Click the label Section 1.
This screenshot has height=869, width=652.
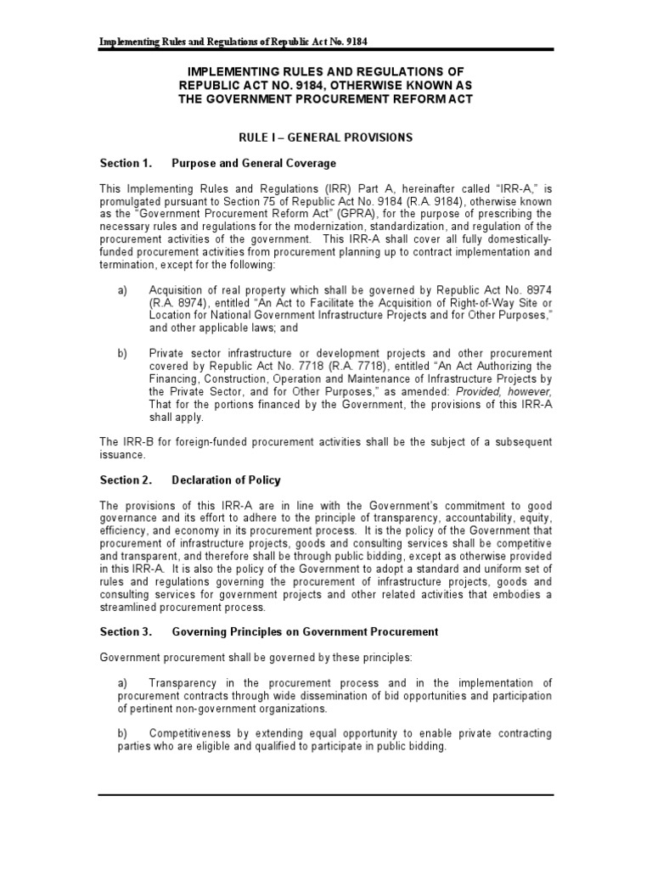click(125, 163)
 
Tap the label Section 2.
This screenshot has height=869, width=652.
click(125, 480)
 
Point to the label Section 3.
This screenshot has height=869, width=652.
click(125, 631)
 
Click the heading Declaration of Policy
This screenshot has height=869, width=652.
click(226, 480)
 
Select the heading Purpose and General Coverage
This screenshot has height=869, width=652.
click(254, 163)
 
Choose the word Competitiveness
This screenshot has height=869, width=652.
click(196, 733)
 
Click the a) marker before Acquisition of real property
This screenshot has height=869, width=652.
click(122, 290)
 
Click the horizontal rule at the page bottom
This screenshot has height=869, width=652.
click(326, 795)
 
